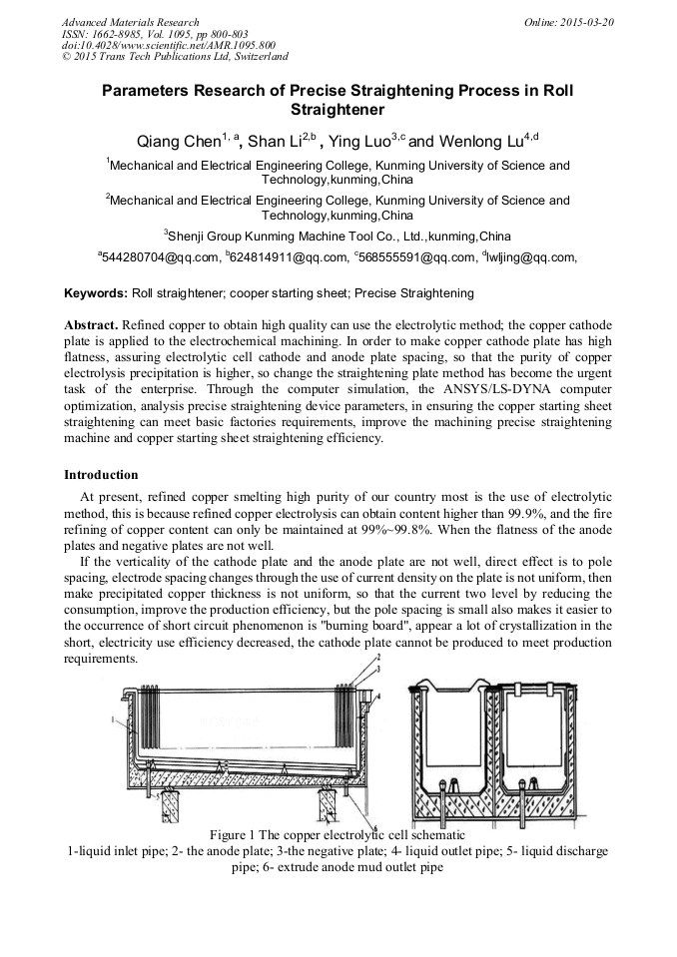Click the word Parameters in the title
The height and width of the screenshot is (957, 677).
point(147,90)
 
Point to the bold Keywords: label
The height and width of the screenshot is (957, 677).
point(96,293)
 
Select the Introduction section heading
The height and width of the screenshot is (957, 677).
point(101,474)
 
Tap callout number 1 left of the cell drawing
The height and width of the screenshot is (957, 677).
point(115,718)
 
